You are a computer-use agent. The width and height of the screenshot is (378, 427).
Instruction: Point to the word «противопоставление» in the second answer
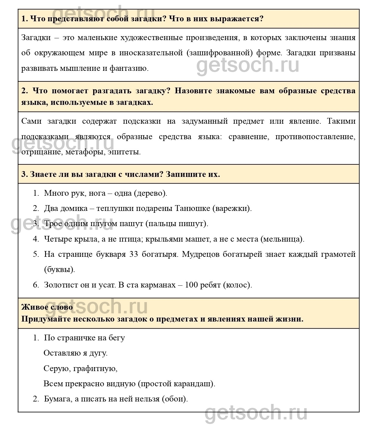[315, 136]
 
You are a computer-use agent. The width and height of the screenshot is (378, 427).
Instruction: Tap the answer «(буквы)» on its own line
[59, 269]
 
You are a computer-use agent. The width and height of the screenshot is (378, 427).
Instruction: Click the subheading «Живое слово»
[47, 307]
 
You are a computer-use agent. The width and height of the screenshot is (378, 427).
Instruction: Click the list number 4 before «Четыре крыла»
[36, 239]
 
